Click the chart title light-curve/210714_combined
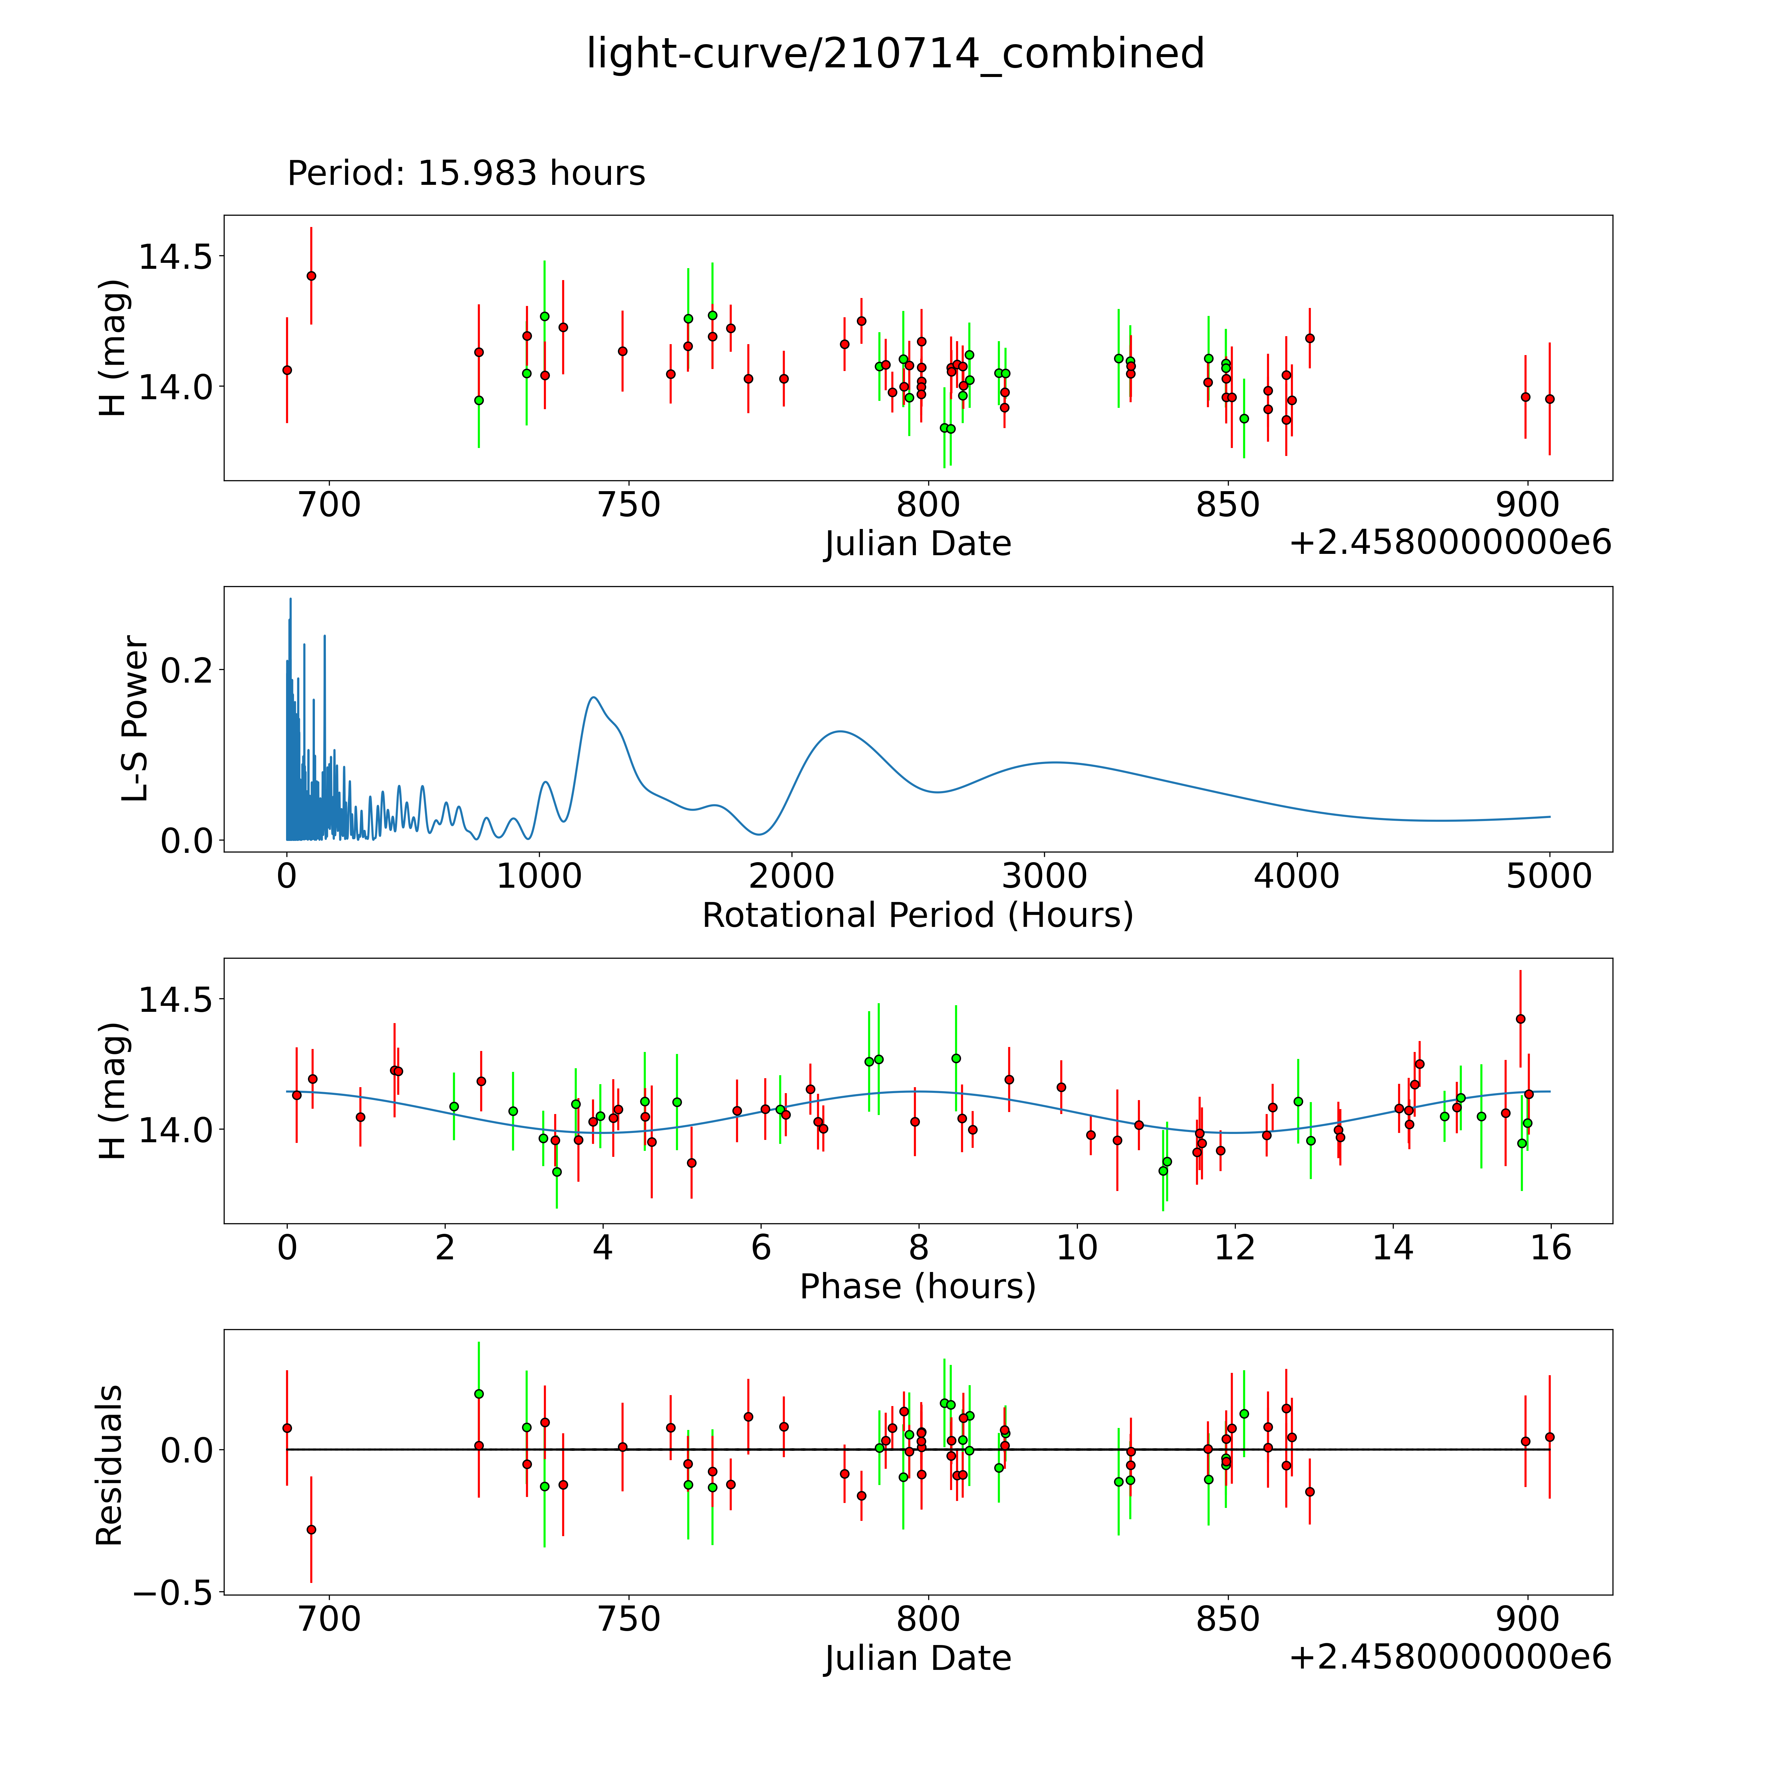[895, 54]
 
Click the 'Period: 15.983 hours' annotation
[466, 174]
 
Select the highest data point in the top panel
[312, 275]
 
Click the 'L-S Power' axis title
[135, 719]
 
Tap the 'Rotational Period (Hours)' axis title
[917, 916]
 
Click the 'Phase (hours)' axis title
[917, 1287]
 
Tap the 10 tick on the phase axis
[1077, 1247]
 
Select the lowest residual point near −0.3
[312, 1530]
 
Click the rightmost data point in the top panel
[1549, 399]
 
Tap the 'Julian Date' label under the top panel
[917, 544]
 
